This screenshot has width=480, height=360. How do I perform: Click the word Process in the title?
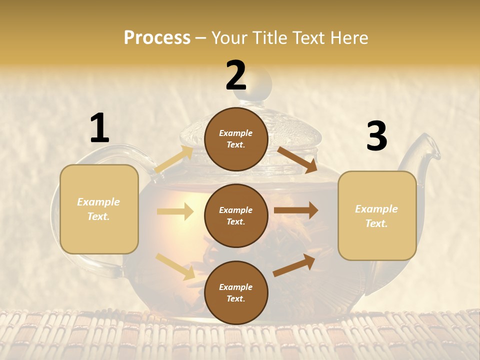(157, 38)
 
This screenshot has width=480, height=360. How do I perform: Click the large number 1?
(99, 128)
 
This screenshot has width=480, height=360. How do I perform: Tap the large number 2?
(236, 75)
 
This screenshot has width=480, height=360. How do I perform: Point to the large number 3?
(376, 136)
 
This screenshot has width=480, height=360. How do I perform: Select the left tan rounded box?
(99, 209)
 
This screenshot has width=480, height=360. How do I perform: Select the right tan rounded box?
(377, 215)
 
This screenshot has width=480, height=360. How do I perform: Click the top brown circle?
(236, 138)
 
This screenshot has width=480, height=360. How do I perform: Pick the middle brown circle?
(236, 215)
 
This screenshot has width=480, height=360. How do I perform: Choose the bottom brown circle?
(236, 292)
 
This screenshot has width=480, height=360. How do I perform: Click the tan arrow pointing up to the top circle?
(174, 159)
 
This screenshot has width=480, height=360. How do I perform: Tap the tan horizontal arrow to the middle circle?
(175, 211)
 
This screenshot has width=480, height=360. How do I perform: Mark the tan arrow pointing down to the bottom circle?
(175, 266)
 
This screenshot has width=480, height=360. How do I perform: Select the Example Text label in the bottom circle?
(236, 293)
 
